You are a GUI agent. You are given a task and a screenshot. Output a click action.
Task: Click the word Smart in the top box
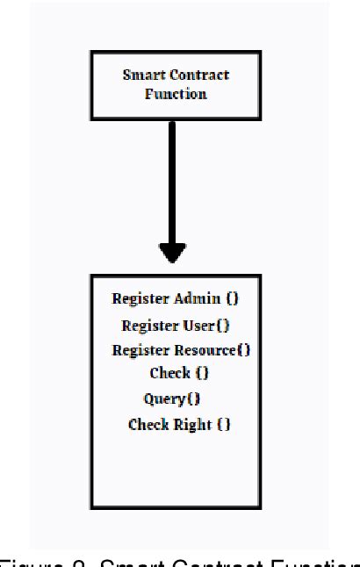pyautogui.click(x=141, y=75)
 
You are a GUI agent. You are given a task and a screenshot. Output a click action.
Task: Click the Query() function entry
pyautogui.click(x=172, y=399)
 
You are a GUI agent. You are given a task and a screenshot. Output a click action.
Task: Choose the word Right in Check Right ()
pyautogui.click(x=194, y=425)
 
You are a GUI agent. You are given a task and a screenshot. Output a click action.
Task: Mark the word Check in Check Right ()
pyautogui.click(x=148, y=425)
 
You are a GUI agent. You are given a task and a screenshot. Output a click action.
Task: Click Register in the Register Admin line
pyautogui.click(x=140, y=298)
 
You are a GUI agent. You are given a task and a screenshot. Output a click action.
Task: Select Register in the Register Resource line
pyautogui.click(x=140, y=350)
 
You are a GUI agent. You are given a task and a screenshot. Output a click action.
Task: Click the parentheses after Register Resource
pyautogui.click(x=243, y=350)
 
